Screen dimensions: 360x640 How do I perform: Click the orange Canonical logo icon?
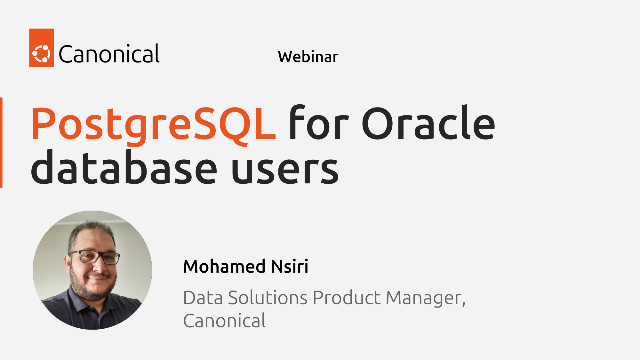[42, 54]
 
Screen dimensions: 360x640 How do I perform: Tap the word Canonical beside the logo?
[108, 54]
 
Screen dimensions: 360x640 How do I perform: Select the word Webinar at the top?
[307, 57]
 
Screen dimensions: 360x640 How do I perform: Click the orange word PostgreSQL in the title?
[153, 125]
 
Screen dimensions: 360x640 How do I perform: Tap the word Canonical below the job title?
[224, 321]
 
